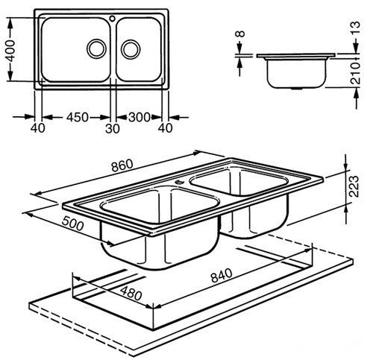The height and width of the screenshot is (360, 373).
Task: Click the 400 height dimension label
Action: tap(10, 51)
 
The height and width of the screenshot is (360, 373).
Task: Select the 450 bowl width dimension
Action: tap(77, 117)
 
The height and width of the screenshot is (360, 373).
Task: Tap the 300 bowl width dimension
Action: tap(140, 117)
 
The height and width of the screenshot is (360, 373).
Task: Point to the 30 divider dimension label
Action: tap(113, 129)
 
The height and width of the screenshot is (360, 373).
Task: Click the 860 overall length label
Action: tap(122, 165)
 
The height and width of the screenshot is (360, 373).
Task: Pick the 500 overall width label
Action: tap(72, 224)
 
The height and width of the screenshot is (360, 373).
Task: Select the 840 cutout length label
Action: tap(222, 275)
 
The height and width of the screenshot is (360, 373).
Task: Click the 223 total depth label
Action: tap(354, 186)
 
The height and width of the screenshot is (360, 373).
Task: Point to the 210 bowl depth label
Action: tap(355, 74)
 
